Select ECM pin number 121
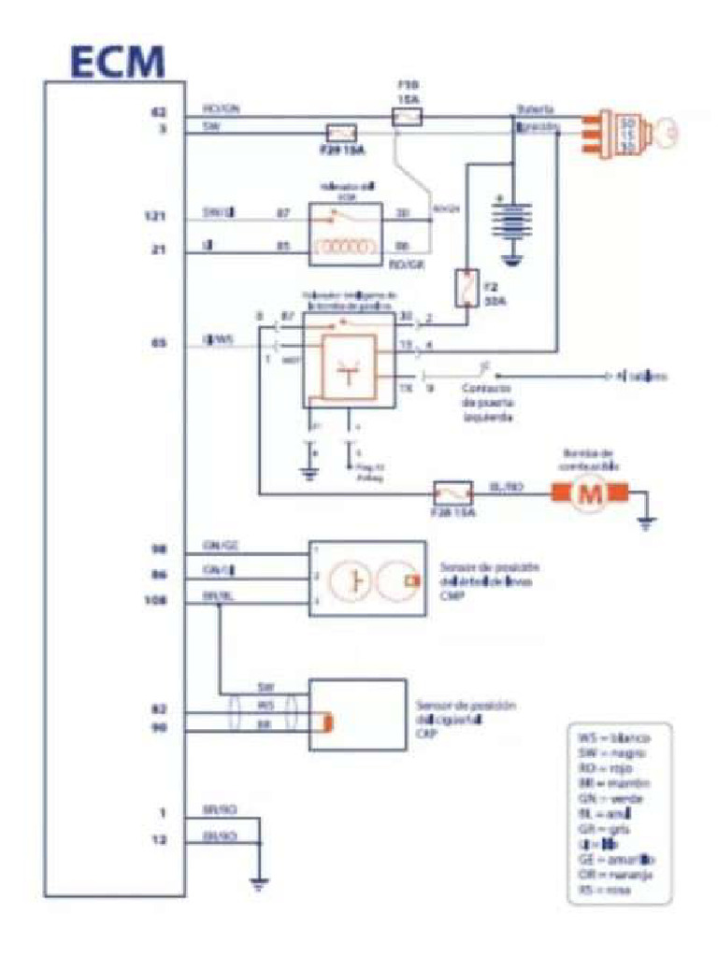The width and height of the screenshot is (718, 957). [157, 217]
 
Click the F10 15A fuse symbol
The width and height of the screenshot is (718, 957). [407, 117]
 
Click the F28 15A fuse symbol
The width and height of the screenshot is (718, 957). [454, 493]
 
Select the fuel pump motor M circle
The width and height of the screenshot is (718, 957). [590, 494]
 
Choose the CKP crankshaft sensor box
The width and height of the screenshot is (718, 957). [356, 716]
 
